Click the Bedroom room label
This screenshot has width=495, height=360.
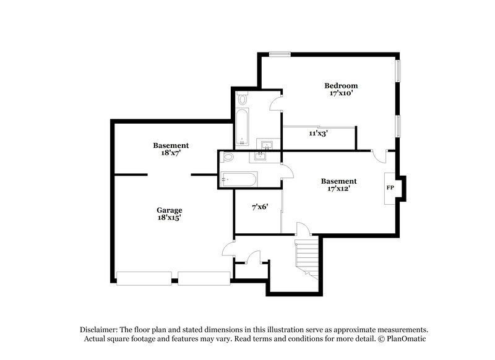pos(341,85)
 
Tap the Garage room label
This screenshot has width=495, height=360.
pos(168,210)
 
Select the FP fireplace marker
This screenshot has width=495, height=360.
pos(390,187)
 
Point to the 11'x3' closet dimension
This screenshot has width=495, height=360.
pos(319,132)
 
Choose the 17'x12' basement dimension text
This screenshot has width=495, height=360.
pos(338,189)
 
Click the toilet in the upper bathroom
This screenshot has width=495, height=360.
pos(243,99)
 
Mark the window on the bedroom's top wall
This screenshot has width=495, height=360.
pos(280,54)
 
